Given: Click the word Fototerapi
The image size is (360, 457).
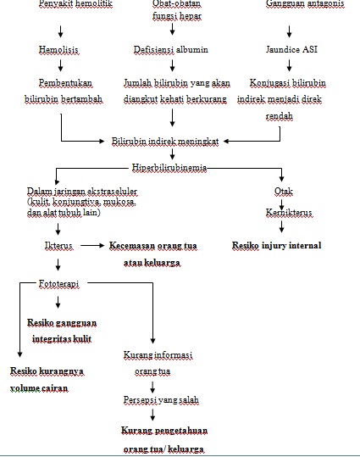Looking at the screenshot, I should pyautogui.click(x=59, y=286).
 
